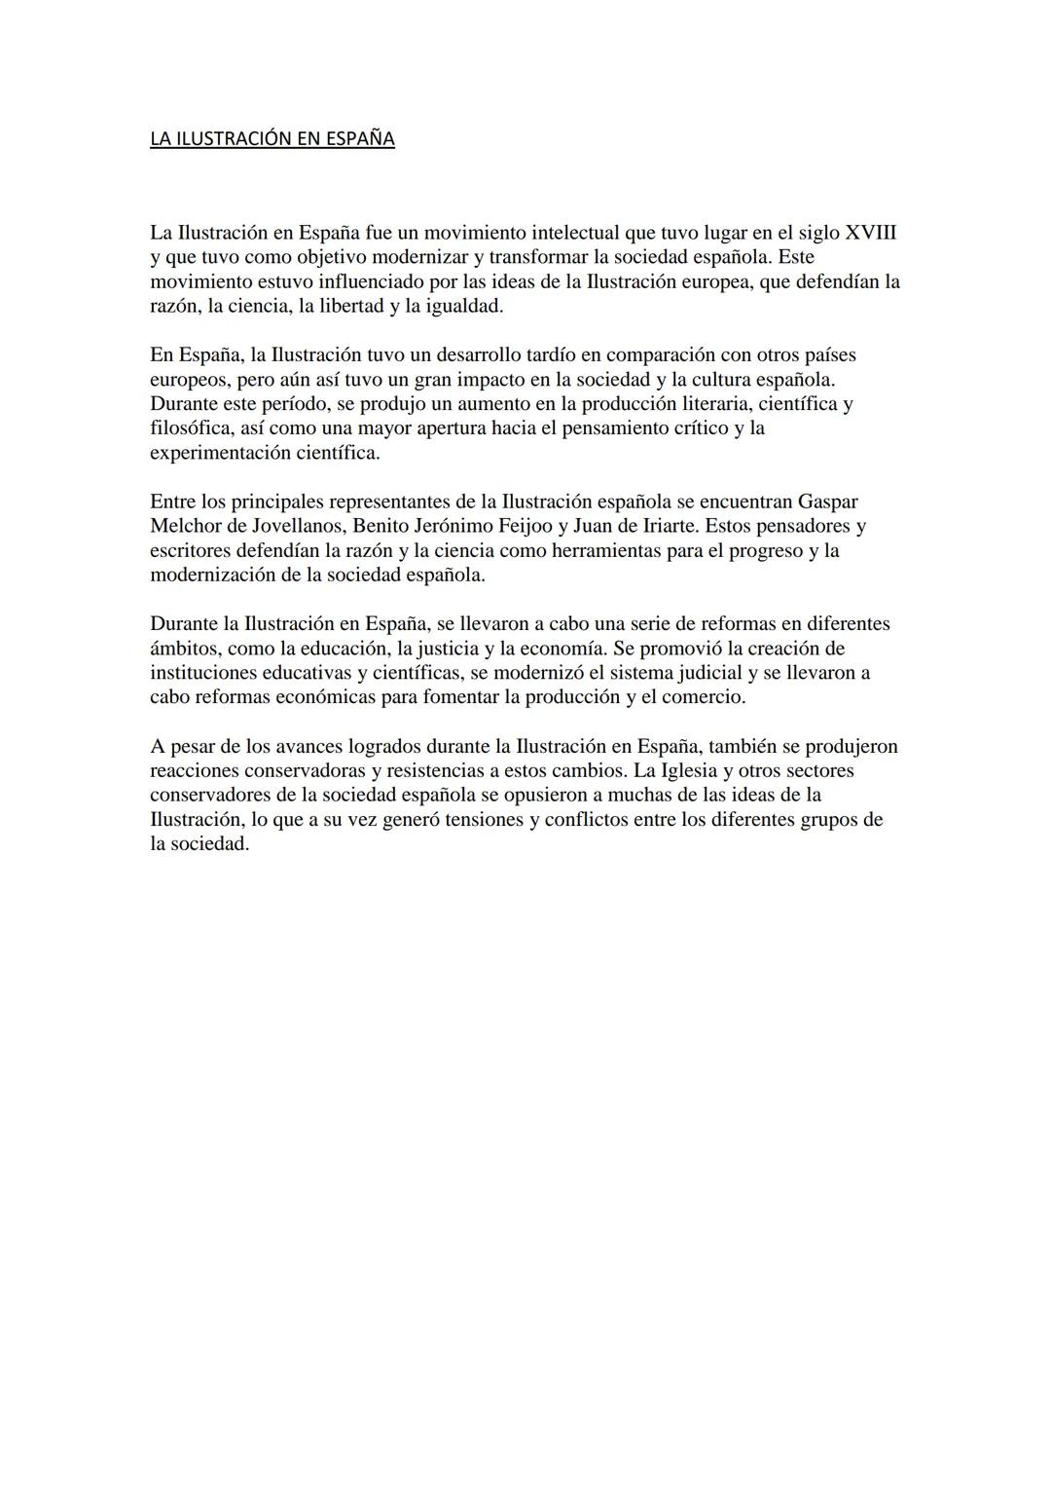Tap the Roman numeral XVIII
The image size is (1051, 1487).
click(x=871, y=233)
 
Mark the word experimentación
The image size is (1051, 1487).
click(x=206, y=453)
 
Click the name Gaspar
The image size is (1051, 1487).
click(x=827, y=502)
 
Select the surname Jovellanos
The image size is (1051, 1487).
click(x=291, y=526)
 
